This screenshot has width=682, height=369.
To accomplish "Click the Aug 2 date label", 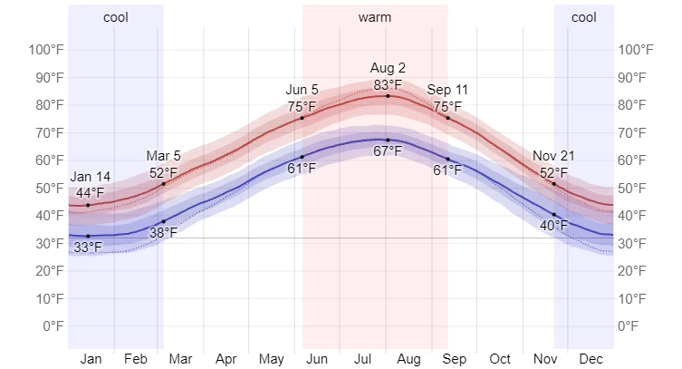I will (388, 68).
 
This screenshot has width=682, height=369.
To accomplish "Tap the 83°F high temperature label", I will (388, 84).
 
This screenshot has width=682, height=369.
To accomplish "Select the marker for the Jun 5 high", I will (303, 118).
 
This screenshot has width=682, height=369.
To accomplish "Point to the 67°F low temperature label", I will (388, 151).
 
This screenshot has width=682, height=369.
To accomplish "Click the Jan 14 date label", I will (90, 177).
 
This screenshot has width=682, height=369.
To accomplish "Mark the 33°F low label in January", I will (88, 248).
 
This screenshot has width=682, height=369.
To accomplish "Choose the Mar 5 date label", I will (164, 156).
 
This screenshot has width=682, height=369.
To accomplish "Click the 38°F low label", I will (164, 233).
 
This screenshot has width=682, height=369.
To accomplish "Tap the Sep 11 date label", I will (447, 90).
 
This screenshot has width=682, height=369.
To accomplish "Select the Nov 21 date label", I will (553, 156).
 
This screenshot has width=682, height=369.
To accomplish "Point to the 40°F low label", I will (553, 225).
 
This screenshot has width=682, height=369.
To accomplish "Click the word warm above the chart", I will (375, 17).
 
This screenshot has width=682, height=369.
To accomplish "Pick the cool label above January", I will (116, 17).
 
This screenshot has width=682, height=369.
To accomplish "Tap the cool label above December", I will (584, 17).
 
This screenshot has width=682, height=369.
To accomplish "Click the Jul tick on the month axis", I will (363, 359).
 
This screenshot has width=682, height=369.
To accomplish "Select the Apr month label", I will (226, 359).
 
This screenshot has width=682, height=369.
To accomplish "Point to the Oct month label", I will (500, 359).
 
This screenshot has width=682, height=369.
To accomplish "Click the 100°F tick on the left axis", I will (44, 49).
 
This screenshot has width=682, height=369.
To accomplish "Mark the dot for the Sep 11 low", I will (447, 159).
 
